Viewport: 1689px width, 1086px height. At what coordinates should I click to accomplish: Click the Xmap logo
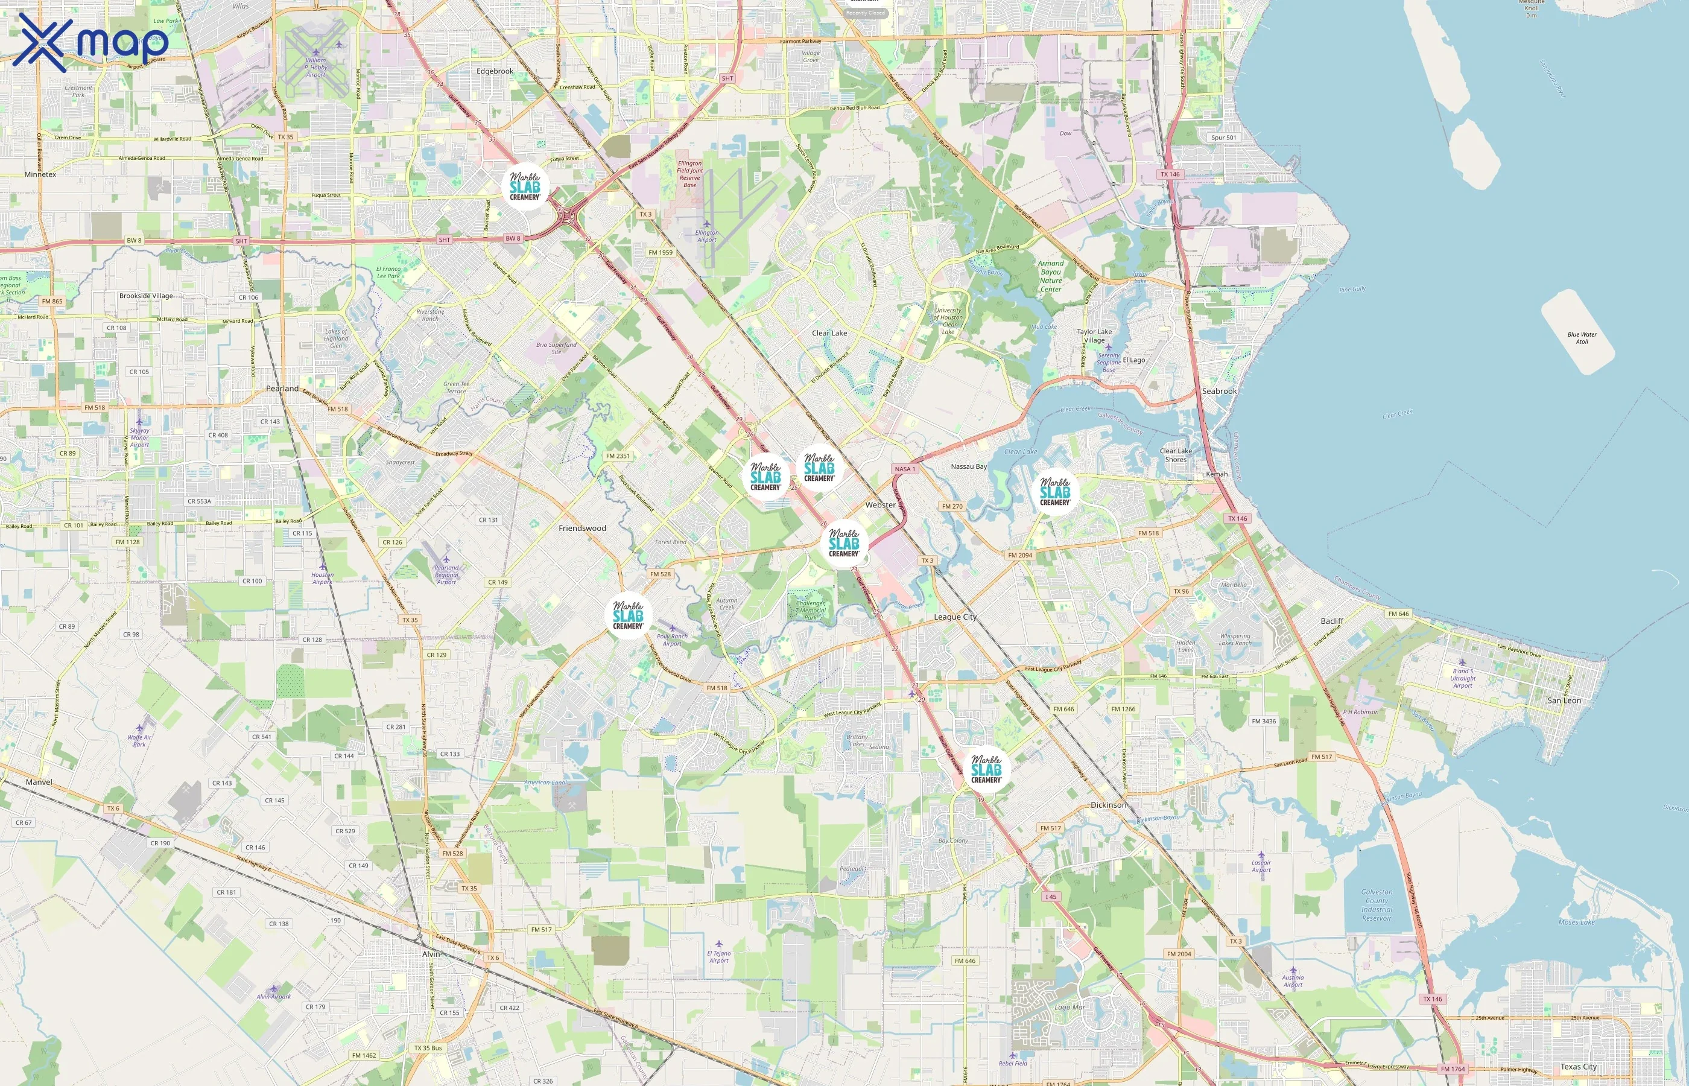[x=90, y=42]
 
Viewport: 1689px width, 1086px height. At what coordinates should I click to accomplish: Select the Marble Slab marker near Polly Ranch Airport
[x=628, y=615]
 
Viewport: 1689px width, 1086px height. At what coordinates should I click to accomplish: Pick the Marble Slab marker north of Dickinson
[x=986, y=769]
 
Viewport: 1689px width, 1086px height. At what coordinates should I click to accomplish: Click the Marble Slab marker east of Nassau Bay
[x=1055, y=492]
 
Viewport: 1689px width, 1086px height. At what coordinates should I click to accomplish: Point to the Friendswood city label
[x=582, y=528]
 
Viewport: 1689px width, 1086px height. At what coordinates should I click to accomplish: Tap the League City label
[x=955, y=617]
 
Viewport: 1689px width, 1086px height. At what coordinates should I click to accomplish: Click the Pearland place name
[x=282, y=389]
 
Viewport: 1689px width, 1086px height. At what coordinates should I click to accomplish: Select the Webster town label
[x=881, y=505]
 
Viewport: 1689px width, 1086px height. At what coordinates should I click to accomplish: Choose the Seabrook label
[x=1219, y=392]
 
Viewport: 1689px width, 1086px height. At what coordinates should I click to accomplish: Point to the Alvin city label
[x=431, y=954]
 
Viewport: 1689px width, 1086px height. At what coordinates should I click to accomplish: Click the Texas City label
[x=1579, y=1067]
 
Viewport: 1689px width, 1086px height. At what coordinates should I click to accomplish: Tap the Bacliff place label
[x=1332, y=621]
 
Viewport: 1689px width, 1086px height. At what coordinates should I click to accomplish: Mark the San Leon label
[x=1564, y=700]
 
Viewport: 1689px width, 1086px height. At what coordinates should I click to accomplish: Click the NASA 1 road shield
[x=904, y=469]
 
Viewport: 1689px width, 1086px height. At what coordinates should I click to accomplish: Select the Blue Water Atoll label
[x=1582, y=338]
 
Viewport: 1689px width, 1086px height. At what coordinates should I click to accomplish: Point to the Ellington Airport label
[x=707, y=235]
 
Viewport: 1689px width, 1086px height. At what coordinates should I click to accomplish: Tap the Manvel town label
[x=39, y=782]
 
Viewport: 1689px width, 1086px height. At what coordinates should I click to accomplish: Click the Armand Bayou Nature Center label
[x=1050, y=276]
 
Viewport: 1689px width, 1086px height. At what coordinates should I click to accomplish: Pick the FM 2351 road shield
[x=618, y=456]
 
